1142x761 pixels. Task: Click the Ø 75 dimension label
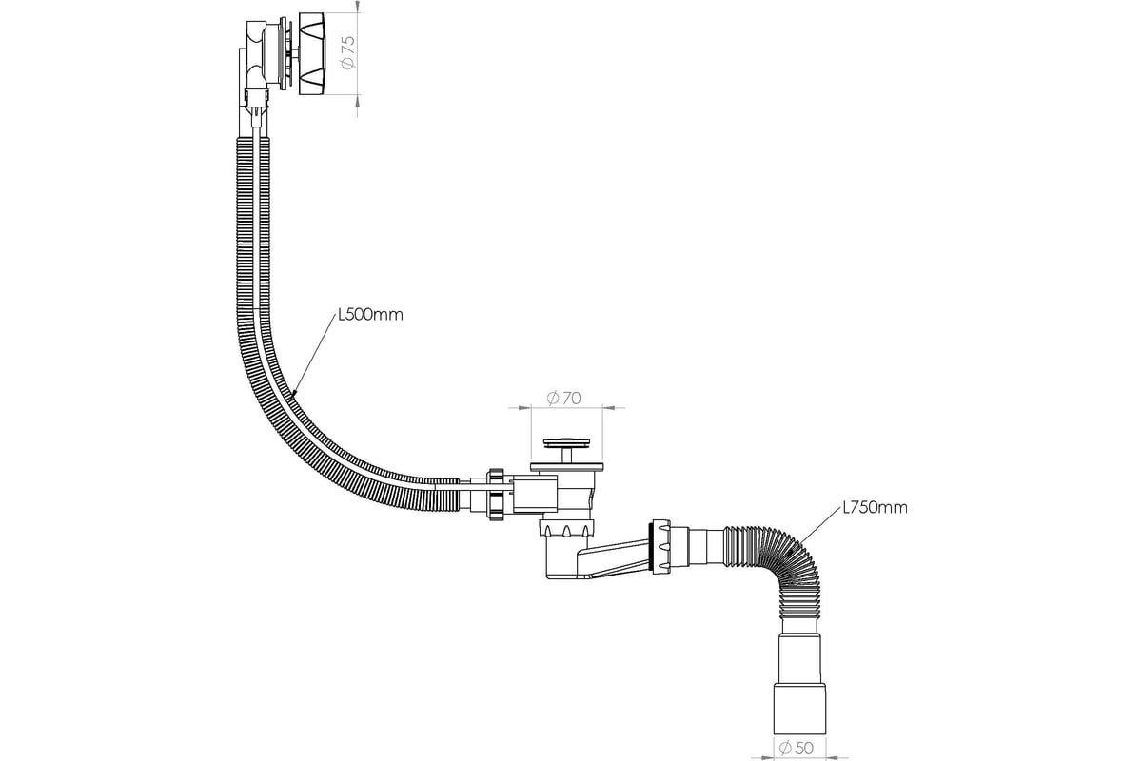(x=348, y=53)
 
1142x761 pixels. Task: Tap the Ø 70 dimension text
(x=563, y=398)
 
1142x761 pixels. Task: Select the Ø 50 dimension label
(x=796, y=749)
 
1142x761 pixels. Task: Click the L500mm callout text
(x=370, y=315)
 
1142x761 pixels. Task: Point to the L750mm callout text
(x=875, y=508)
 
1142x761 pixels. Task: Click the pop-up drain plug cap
(x=566, y=442)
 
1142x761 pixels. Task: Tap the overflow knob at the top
(x=311, y=53)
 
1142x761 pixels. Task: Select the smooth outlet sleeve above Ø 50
(x=799, y=708)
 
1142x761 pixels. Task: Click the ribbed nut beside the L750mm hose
(x=660, y=546)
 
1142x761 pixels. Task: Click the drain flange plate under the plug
(x=567, y=466)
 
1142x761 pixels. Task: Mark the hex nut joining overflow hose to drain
(x=496, y=495)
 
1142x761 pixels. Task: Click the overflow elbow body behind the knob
(x=256, y=53)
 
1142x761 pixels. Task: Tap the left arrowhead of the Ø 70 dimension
(x=524, y=408)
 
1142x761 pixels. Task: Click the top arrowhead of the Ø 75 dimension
(x=357, y=7)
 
